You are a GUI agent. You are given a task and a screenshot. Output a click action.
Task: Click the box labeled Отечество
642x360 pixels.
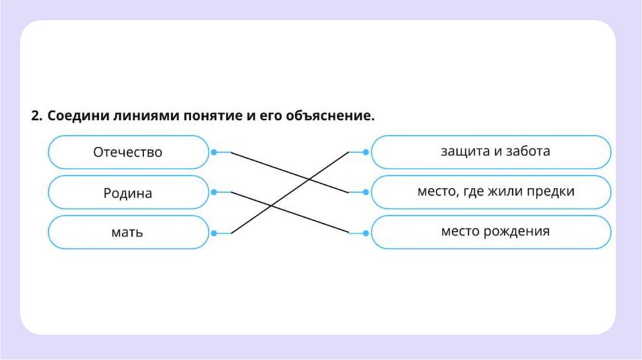(128, 152)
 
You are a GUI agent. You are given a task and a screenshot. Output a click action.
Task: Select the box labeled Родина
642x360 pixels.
(128, 193)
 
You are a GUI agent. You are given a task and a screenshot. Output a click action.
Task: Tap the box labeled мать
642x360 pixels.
(128, 233)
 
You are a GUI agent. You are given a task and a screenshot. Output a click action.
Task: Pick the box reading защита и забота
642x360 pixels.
(491, 152)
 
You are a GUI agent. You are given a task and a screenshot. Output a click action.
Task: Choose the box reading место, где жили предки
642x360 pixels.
(491, 192)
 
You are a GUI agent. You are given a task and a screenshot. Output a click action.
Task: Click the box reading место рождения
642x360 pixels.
(491, 232)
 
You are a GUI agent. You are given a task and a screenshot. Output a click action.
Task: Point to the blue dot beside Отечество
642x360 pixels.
(214, 152)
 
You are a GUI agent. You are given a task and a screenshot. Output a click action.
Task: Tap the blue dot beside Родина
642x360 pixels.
(214, 192)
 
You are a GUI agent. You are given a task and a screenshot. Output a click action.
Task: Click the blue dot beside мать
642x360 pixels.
(214, 233)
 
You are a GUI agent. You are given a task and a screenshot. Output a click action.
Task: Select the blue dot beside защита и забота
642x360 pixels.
(367, 152)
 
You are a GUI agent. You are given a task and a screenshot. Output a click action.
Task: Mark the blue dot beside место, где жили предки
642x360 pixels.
(367, 192)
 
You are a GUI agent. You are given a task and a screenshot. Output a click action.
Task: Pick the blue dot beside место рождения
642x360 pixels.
(367, 233)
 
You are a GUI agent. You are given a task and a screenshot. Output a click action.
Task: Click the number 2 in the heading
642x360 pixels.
(36, 117)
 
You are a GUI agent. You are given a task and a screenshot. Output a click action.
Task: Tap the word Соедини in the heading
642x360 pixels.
(75, 117)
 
